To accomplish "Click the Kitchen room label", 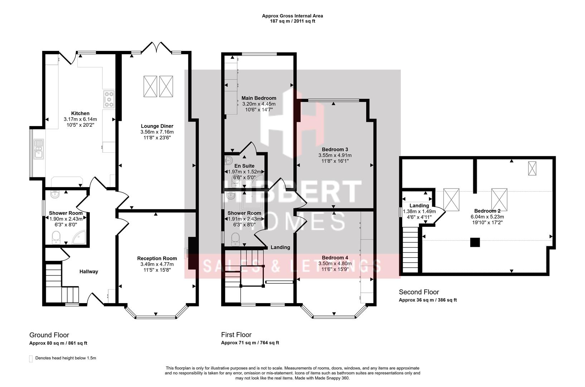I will point(80,113).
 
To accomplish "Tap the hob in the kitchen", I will point(109,99).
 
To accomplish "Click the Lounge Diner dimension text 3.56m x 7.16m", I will point(157,132).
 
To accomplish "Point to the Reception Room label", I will point(157,258).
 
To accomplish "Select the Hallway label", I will point(88,272).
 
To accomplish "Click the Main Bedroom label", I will point(258,98).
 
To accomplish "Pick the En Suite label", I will point(244,166).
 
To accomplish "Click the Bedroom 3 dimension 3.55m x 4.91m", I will point(335,156).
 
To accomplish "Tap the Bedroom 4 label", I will point(335,258).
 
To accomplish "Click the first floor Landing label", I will point(280,247).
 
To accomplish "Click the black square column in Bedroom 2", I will point(475,243).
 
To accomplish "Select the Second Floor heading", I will point(419,292).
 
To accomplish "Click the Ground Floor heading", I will point(49,335).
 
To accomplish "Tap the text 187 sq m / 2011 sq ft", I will point(292,21).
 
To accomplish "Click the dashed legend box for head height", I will point(31,359).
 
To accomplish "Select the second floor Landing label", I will point(419,206).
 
